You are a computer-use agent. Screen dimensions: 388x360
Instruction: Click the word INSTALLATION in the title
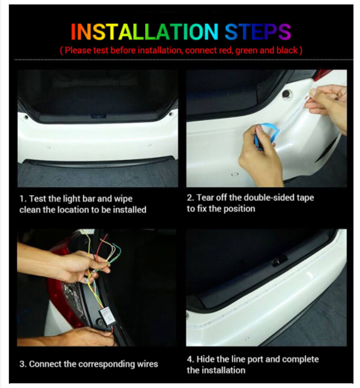pos(144,32)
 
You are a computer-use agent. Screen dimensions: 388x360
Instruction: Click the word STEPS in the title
pos(258,32)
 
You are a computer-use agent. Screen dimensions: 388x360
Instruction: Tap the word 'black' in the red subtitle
pos(287,50)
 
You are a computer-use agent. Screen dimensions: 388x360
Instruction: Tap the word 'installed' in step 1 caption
pos(130,210)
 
